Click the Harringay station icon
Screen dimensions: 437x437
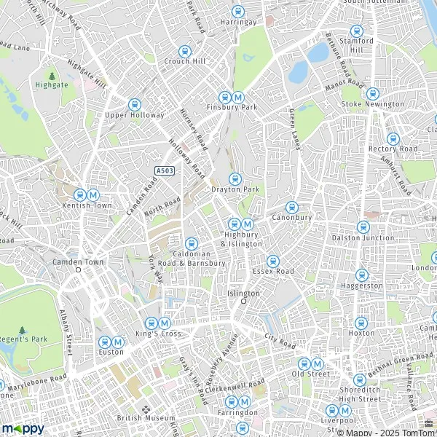pyautogui.click(x=237, y=12)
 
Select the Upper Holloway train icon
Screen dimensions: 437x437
pyautogui.click(x=134, y=105)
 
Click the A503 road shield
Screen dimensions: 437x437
pyautogui.click(x=164, y=170)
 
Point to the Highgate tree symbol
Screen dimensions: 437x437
pyautogui.click(x=52, y=75)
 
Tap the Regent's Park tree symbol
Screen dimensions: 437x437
pyautogui.click(x=21, y=331)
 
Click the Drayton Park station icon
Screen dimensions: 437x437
pyautogui.click(x=235, y=179)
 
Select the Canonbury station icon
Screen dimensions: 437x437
pyautogui.click(x=291, y=207)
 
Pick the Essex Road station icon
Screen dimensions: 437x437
pyautogui.click(x=272, y=261)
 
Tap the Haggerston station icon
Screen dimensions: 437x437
pyautogui.click(x=361, y=275)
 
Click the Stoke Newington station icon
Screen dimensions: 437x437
pyautogui.click(x=372, y=94)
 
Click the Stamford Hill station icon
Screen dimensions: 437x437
pyautogui.click(x=356, y=31)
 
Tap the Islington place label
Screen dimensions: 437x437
pyautogui.click(x=243, y=293)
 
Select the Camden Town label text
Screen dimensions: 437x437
pyautogui.click(x=78, y=261)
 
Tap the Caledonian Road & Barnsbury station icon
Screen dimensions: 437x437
pyautogui.click(x=192, y=244)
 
